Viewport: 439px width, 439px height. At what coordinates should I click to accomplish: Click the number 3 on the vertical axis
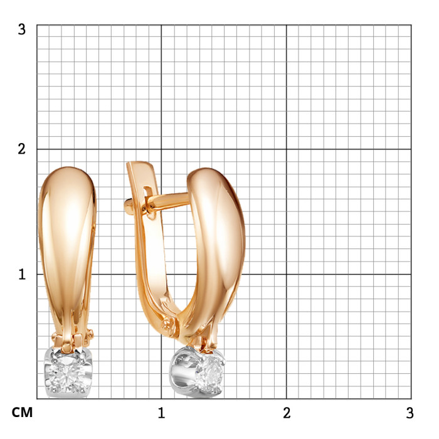tap(21, 29)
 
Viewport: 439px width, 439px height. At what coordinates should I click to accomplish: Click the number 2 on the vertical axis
tap(21, 149)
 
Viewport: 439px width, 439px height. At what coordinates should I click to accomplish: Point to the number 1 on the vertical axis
tap(22, 275)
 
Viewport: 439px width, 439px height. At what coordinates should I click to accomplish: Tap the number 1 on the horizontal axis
tap(161, 413)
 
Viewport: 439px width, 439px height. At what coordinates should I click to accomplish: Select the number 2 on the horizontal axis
tap(287, 413)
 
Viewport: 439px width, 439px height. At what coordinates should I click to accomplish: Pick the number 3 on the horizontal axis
tap(410, 413)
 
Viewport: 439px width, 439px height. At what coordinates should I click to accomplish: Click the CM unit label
tap(22, 413)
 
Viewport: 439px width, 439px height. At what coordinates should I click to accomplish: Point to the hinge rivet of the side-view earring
tap(168, 325)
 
